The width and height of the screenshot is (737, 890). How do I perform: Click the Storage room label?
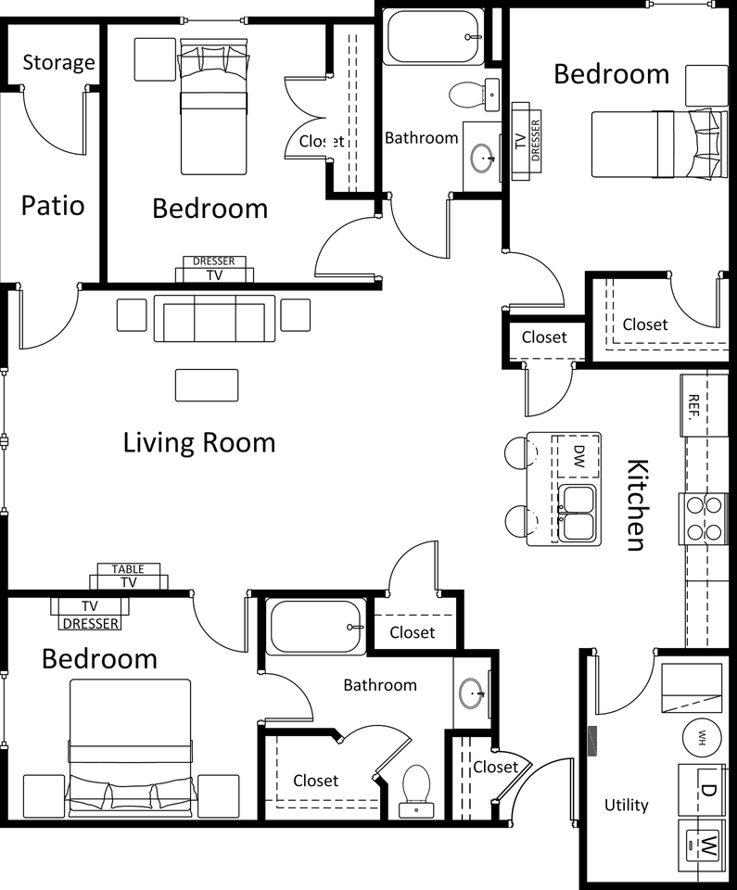[x=58, y=63]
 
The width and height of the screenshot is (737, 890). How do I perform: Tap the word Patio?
[x=53, y=205]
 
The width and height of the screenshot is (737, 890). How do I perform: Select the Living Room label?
[x=199, y=442]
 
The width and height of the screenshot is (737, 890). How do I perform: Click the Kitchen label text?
[x=635, y=504]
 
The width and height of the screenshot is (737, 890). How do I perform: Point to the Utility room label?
[x=627, y=805]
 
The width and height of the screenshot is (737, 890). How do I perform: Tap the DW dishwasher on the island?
[x=578, y=455]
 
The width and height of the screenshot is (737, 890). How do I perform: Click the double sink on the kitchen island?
[x=578, y=513]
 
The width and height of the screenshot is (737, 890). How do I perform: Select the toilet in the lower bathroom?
[x=415, y=791]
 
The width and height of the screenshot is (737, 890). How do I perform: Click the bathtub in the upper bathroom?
[x=434, y=37]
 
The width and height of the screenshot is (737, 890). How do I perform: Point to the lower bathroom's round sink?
[x=473, y=693]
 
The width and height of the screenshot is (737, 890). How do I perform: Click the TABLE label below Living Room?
[x=128, y=568]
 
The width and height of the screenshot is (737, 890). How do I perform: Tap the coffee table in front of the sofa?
[x=206, y=385]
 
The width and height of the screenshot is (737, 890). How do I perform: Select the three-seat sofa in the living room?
[x=214, y=319]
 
